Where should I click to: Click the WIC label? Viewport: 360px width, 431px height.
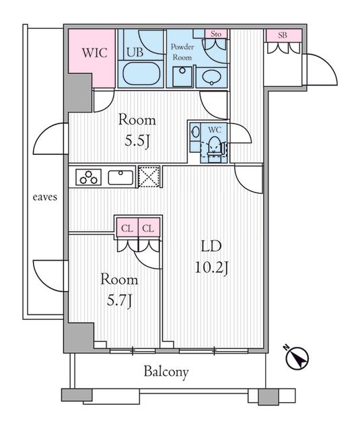pos(94,53)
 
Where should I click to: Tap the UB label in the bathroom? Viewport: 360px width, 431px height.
pos(135,52)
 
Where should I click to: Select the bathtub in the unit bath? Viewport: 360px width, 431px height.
pos(141,73)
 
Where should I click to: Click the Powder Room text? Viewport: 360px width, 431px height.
pos(182,52)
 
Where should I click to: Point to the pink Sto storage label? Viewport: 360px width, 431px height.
pos(216,34)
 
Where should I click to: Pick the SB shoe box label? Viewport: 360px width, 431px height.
pos(283,35)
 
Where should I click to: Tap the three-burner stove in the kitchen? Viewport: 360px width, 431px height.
pos(89,177)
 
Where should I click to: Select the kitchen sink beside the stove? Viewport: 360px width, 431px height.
pos(121,177)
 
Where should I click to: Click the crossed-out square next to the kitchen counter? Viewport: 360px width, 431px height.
pos(149,176)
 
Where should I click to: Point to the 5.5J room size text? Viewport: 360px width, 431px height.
pos(137,141)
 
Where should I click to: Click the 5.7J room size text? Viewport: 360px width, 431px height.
pos(119,301)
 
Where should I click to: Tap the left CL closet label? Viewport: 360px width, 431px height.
pos(127,228)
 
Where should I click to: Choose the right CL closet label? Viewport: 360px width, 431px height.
pos(149,228)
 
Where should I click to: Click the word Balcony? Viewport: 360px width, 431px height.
pos(166,372)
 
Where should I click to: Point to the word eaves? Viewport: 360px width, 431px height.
pos(45,197)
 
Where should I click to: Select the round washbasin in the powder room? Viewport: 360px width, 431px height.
pos(211,77)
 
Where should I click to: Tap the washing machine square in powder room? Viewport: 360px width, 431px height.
pos(182,77)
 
